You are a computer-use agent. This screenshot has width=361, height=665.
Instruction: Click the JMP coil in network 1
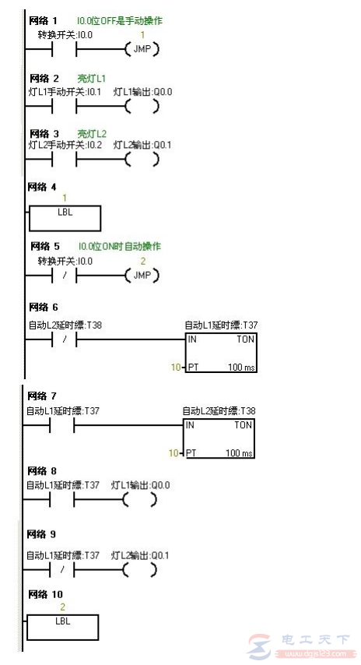click(x=141, y=50)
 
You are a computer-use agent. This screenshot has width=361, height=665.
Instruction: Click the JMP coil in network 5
click(x=141, y=276)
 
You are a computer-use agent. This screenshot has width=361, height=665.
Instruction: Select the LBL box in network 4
click(x=65, y=218)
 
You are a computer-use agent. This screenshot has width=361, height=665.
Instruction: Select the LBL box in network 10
click(x=62, y=627)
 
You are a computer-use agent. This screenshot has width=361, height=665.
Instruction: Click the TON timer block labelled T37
click(x=220, y=352)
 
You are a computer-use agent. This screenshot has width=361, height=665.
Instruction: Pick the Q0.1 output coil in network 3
click(x=141, y=160)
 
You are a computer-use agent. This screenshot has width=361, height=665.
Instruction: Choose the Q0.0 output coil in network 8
click(x=141, y=500)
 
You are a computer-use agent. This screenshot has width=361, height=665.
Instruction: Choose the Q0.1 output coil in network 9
click(x=141, y=570)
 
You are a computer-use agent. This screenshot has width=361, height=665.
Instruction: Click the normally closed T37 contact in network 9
click(x=62, y=570)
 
